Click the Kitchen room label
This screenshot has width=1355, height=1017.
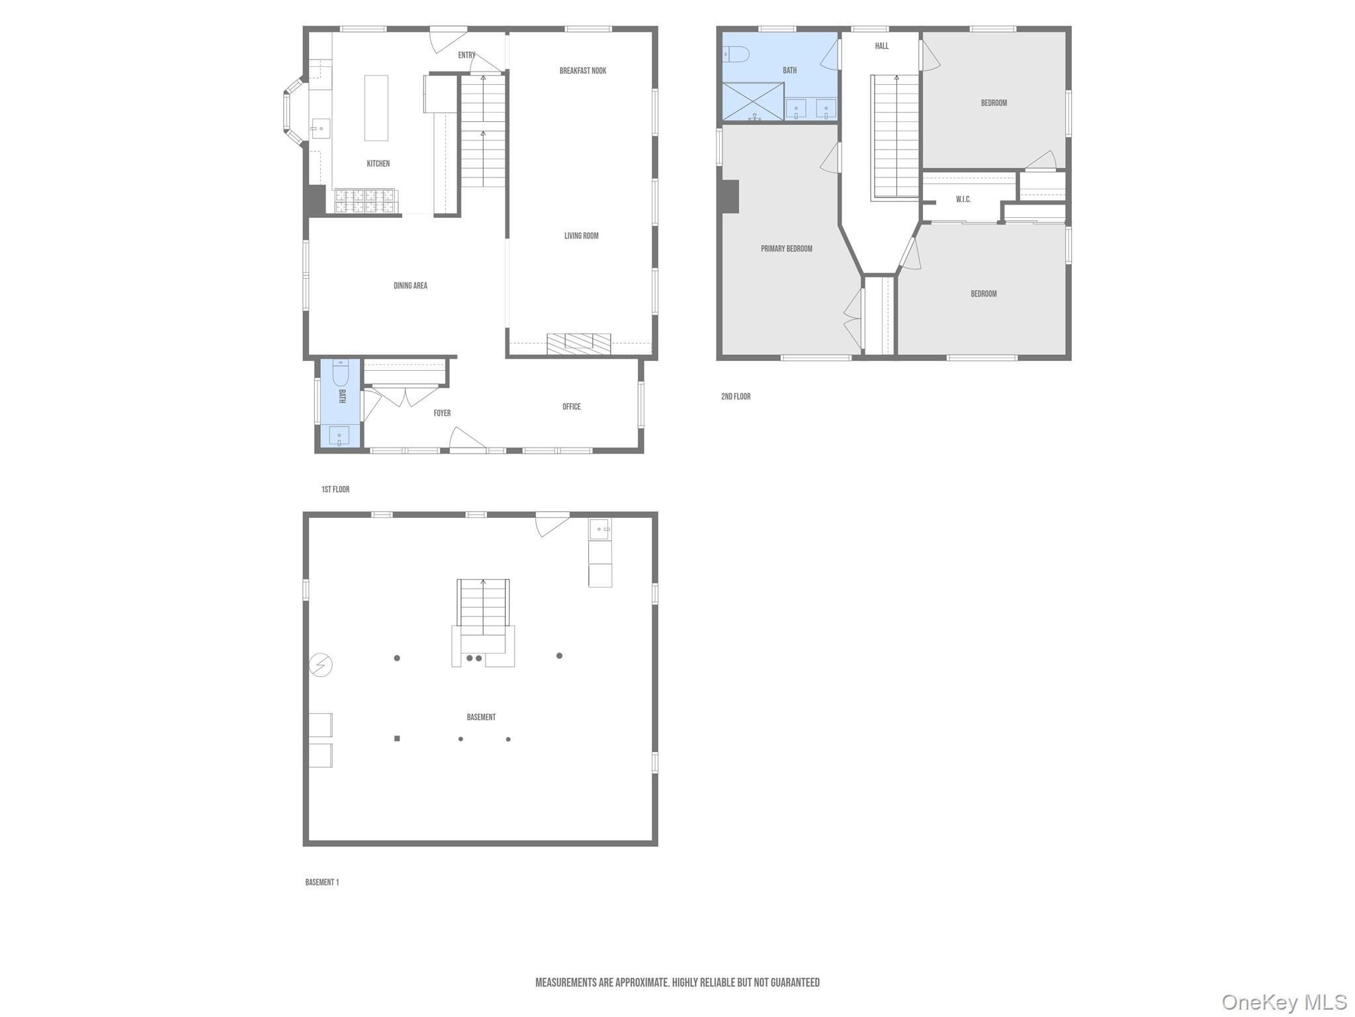pyautogui.click(x=378, y=164)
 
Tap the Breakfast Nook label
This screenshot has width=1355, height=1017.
pyautogui.click(x=582, y=71)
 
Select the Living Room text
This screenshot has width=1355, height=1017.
pyautogui.click(x=581, y=236)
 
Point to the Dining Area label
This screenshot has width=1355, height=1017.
pyautogui.click(x=410, y=286)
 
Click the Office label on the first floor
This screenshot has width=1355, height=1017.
pyautogui.click(x=572, y=407)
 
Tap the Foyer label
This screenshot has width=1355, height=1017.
pyautogui.click(x=442, y=413)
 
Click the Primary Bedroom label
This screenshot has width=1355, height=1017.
pyautogui.click(x=786, y=249)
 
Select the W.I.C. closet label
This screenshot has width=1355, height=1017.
pyautogui.click(x=963, y=199)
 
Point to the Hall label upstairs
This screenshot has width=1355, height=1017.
pyautogui.click(x=882, y=46)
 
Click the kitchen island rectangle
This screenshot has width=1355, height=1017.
pyautogui.click(x=376, y=108)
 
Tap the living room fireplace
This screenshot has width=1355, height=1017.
pyautogui.click(x=578, y=342)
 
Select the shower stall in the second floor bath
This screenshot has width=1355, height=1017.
pyautogui.click(x=753, y=101)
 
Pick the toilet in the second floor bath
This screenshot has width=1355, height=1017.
pyautogui.click(x=735, y=54)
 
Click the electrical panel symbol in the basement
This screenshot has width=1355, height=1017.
pyautogui.click(x=321, y=665)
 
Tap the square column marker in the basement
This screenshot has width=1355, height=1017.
pyautogui.click(x=397, y=738)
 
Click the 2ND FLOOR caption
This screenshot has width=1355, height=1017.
pyautogui.click(x=736, y=397)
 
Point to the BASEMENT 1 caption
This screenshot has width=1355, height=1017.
pyautogui.click(x=322, y=882)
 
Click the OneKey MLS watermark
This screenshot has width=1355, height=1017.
pyautogui.click(x=1284, y=1002)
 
